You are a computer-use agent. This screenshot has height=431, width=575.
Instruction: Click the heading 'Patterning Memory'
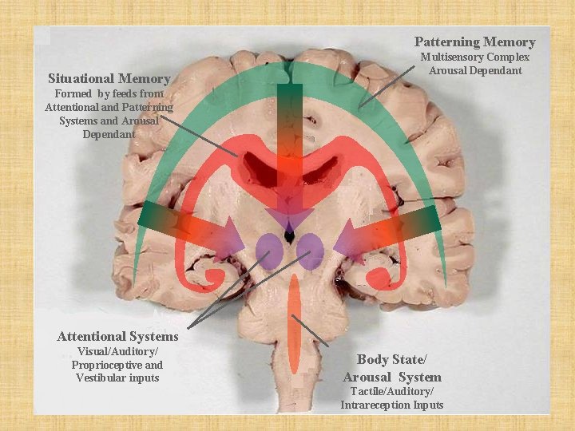[x=474, y=42]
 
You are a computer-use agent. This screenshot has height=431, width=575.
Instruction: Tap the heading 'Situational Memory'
[x=109, y=78]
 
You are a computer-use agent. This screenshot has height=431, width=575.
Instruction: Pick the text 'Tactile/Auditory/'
[x=392, y=391]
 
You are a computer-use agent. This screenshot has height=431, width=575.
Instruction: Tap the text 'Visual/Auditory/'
[x=118, y=352]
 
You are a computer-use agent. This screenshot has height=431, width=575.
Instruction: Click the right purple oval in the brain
[x=309, y=250]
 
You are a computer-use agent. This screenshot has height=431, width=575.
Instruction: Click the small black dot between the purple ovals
[x=289, y=236]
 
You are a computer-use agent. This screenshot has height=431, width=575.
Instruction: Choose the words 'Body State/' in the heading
[x=392, y=359]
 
